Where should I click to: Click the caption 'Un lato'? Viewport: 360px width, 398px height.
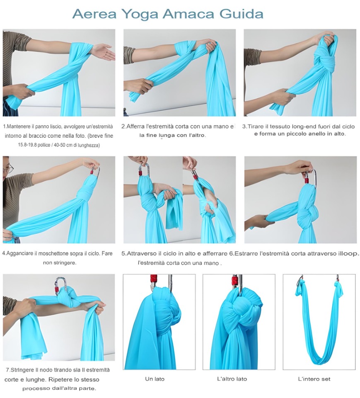click(155, 379)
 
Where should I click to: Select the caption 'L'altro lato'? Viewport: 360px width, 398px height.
click(232, 379)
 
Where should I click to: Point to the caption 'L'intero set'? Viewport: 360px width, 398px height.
click(314, 379)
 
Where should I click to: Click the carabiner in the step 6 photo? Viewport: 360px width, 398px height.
click(311, 178)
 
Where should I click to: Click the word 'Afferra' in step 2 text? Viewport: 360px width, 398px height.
click(135, 126)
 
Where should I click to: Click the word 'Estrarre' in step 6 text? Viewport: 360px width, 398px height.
click(247, 253)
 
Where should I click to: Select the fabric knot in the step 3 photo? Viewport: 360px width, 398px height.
click(325, 61)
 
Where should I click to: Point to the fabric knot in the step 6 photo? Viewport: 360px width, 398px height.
click(308, 211)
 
